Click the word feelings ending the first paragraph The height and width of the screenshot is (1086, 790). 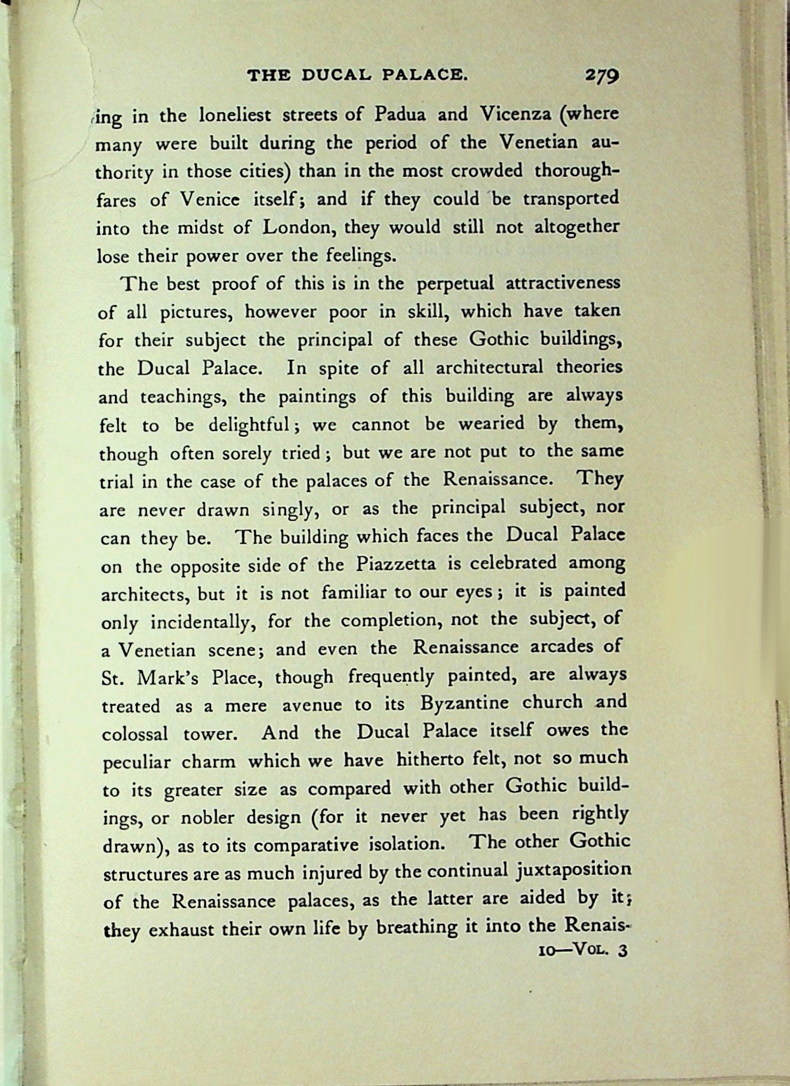361,256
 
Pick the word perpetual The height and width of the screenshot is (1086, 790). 454,284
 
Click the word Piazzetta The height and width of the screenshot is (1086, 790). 394,564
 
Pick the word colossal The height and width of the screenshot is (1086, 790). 135,734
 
